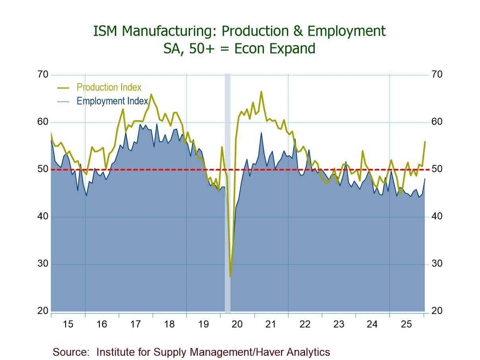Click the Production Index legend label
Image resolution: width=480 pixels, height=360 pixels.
click(108, 87)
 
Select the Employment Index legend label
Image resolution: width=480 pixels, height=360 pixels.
click(112, 101)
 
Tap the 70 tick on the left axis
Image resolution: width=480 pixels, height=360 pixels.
click(43, 75)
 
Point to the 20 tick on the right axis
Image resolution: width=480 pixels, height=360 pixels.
click(437, 311)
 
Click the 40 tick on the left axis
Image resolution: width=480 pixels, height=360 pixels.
click(43, 217)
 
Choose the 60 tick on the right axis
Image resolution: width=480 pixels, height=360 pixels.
click(437, 122)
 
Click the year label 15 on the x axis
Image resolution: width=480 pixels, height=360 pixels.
click(68, 324)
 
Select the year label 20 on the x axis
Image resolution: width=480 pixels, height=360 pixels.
click(237, 324)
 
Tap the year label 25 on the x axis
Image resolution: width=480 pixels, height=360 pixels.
click(406, 324)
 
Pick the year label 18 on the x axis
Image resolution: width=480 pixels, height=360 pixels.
click(169, 324)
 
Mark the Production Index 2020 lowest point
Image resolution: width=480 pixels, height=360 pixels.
click(230, 276)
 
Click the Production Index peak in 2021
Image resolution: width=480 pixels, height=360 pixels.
click(261, 92)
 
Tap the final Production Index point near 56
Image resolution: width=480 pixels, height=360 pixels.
click(425, 141)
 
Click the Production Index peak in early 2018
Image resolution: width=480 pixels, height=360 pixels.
click(151, 95)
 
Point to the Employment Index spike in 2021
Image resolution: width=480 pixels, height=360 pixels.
click(261, 132)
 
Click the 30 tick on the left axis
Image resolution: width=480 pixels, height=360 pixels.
click(43, 264)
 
